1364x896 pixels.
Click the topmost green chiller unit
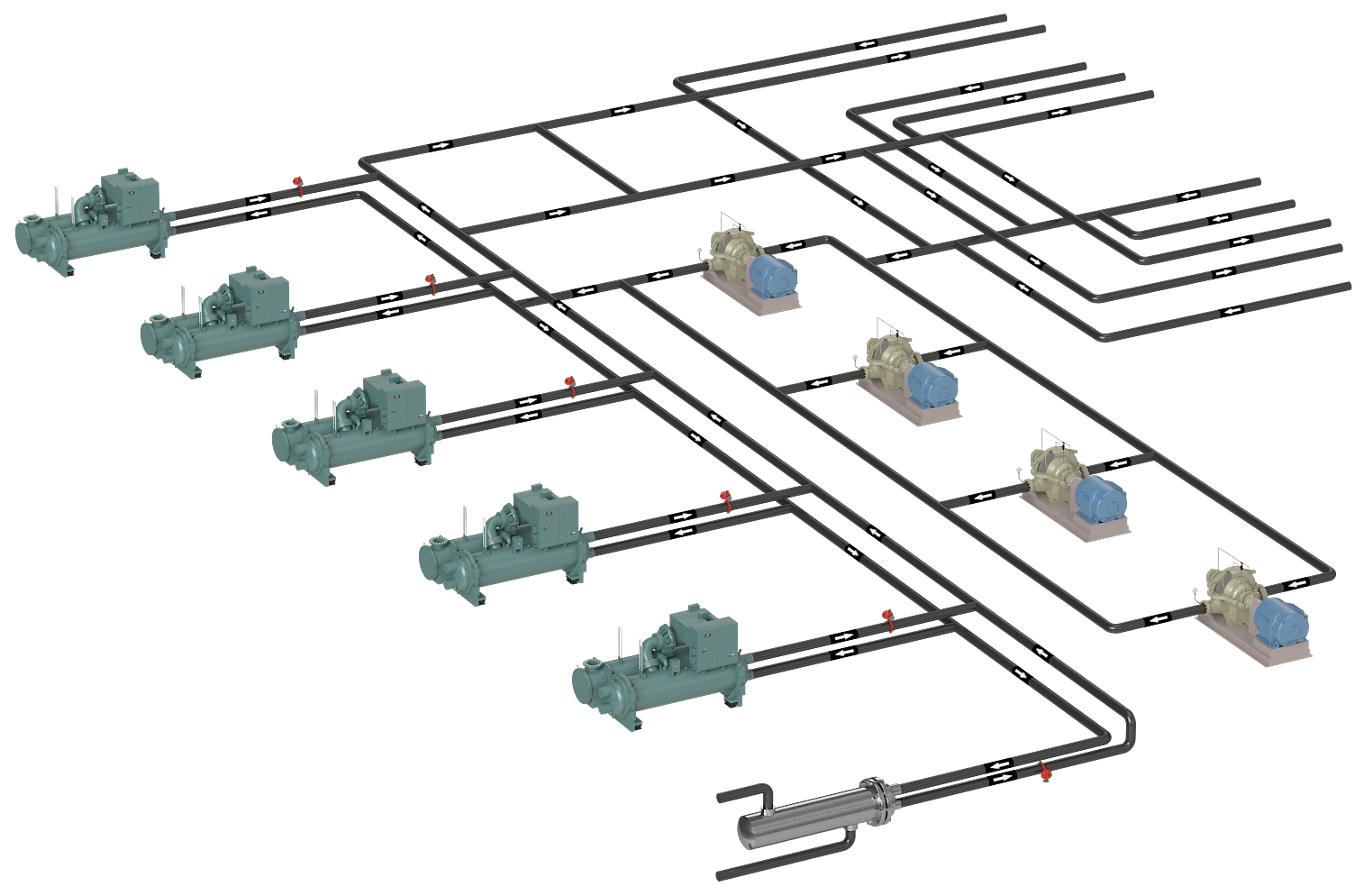pyautogui.click(x=90, y=225)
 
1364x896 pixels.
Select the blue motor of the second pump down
pyautogui.click(x=932, y=384)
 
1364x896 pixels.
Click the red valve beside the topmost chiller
pyautogui.click(x=298, y=187)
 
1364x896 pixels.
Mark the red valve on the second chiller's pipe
pyautogui.click(x=431, y=284)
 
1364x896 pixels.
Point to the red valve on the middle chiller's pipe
pyautogui.click(x=569, y=386)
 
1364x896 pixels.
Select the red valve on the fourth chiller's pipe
pyautogui.click(x=726, y=500)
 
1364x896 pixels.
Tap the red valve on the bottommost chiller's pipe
pyautogui.click(x=887, y=619)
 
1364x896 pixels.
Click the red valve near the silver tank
pyautogui.click(x=1045, y=773)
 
